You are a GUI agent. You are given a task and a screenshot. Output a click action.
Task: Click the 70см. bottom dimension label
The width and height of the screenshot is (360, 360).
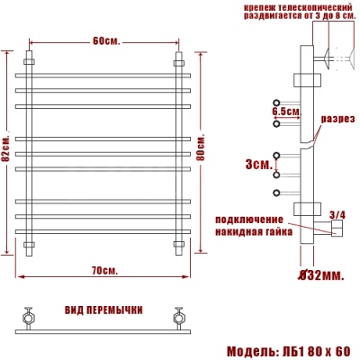point(105,270)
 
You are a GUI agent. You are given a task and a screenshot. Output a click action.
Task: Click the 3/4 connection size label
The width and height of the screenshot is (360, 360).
point(337,213)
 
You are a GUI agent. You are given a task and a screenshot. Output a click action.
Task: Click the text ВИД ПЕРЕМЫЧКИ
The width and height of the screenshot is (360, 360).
point(103,310)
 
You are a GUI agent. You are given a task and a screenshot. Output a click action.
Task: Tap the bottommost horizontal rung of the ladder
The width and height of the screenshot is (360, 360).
point(104,232)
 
